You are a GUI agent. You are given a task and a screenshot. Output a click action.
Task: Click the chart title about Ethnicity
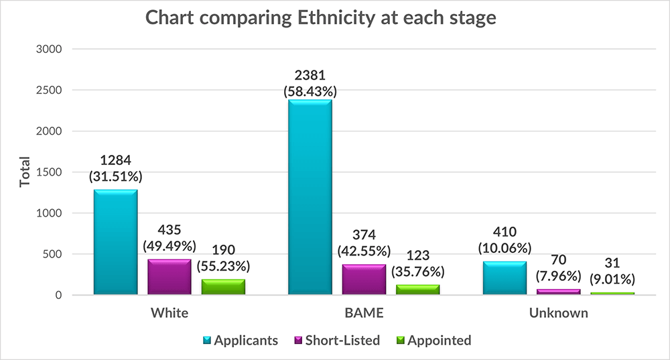(x=321, y=17)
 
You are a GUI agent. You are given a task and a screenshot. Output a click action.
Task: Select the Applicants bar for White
(x=115, y=243)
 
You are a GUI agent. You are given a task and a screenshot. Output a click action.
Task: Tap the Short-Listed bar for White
(x=170, y=277)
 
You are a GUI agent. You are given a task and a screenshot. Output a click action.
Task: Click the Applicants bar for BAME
(x=310, y=197)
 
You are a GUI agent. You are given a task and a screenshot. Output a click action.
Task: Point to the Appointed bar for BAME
(x=417, y=290)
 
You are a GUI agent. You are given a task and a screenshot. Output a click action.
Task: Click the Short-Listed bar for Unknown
(x=558, y=292)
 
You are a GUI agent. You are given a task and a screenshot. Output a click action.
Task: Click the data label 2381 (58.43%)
(x=310, y=81)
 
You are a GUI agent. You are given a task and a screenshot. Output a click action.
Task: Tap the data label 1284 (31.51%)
(x=115, y=170)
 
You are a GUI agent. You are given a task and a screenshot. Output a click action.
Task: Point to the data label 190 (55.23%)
(x=223, y=257)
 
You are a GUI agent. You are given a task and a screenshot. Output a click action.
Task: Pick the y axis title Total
(x=25, y=172)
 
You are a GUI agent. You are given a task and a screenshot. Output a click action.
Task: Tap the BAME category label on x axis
(x=364, y=313)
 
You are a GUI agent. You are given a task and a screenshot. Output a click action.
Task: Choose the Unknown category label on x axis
(x=558, y=313)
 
